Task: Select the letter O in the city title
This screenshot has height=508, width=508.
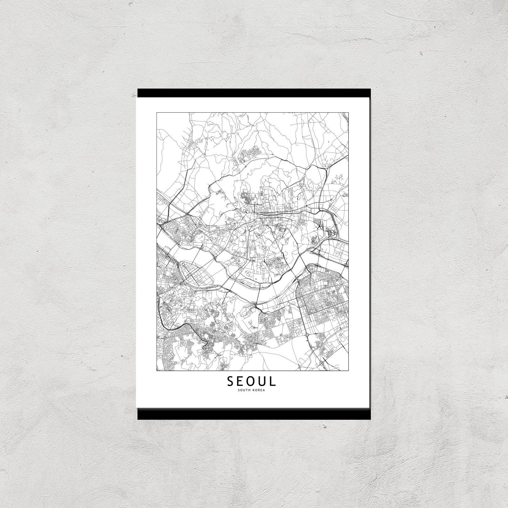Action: click(x=252, y=381)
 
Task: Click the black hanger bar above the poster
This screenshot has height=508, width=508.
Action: click(x=254, y=92)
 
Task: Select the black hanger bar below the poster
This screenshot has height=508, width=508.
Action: click(x=254, y=414)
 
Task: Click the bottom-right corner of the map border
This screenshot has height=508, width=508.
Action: click(x=349, y=371)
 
